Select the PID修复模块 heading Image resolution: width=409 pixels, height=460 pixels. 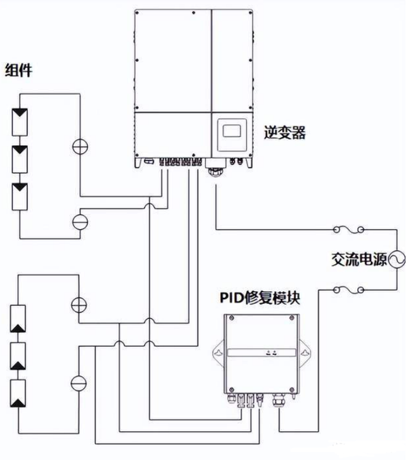(x=262, y=298)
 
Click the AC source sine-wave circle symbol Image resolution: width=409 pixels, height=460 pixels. (x=395, y=259)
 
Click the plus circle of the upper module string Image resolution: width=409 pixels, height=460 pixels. (x=80, y=145)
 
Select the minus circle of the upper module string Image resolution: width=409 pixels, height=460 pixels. (x=80, y=221)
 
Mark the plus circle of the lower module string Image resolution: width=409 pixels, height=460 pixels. (x=80, y=303)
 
